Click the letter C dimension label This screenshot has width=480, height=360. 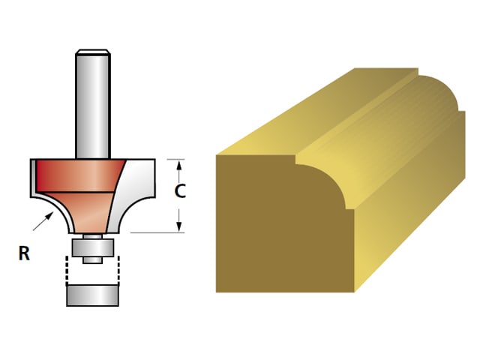point(180,191)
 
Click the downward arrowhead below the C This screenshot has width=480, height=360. point(180,226)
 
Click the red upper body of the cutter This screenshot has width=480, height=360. point(75,175)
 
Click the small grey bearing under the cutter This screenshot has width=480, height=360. point(92,245)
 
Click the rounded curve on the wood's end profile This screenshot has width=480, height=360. point(330,180)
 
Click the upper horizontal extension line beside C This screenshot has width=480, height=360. point(170,159)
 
